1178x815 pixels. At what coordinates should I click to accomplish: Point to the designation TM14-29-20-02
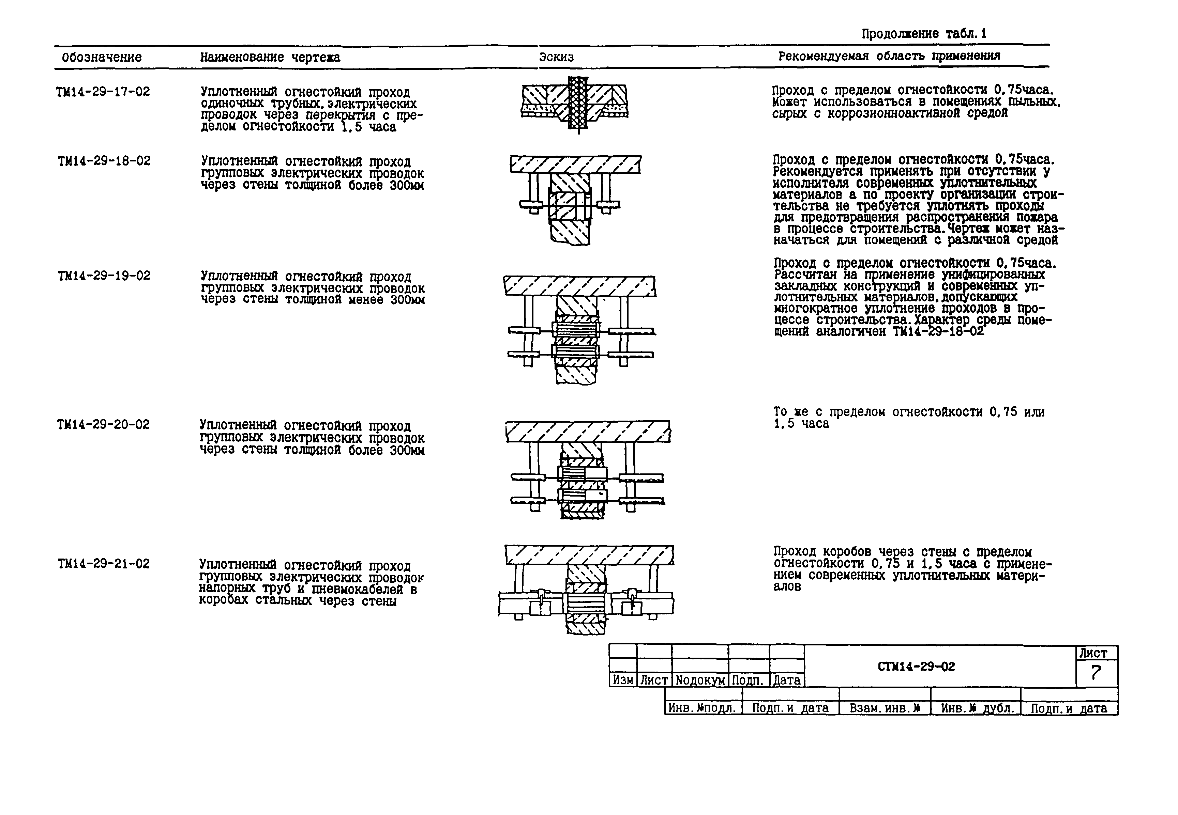pyautogui.click(x=103, y=425)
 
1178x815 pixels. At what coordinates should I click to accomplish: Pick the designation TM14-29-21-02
pyautogui.click(x=103, y=564)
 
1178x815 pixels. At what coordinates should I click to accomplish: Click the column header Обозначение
pyautogui.click(x=102, y=57)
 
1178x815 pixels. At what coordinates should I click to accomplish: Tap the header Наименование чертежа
pyautogui.click(x=270, y=57)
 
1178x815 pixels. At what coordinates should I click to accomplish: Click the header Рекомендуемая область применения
pyautogui.click(x=889, y=56)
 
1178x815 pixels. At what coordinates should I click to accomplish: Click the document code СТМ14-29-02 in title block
pyautogui.click(x=916, y=667)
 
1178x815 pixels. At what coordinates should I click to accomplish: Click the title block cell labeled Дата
pyautogui.click(x=786, y=680)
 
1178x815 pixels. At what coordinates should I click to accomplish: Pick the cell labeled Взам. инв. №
pyautogui.click(x=884, y=708)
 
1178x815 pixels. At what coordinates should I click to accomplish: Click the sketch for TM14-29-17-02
pyautogui.click(x=575, y=105)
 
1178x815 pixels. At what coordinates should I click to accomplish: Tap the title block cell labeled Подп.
pyautogui.click(x=748, y=680)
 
